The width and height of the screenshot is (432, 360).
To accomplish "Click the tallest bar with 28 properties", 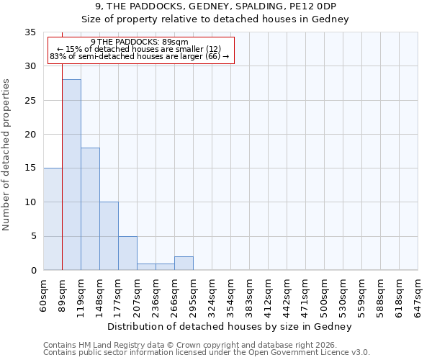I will pos(71,174).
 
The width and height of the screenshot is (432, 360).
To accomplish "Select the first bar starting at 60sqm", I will pos(53,219).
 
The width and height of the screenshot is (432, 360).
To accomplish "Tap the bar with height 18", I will pos(90,209).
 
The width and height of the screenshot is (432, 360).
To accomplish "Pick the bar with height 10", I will pos(109,236).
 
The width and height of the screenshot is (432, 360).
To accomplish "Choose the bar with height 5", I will pos(127,253).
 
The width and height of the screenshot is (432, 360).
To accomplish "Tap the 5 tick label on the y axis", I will pos(32,237).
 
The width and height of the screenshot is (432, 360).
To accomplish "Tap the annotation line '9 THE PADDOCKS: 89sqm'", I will pos(140,42).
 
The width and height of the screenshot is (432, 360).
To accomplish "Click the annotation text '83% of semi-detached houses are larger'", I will pos(140,56).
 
